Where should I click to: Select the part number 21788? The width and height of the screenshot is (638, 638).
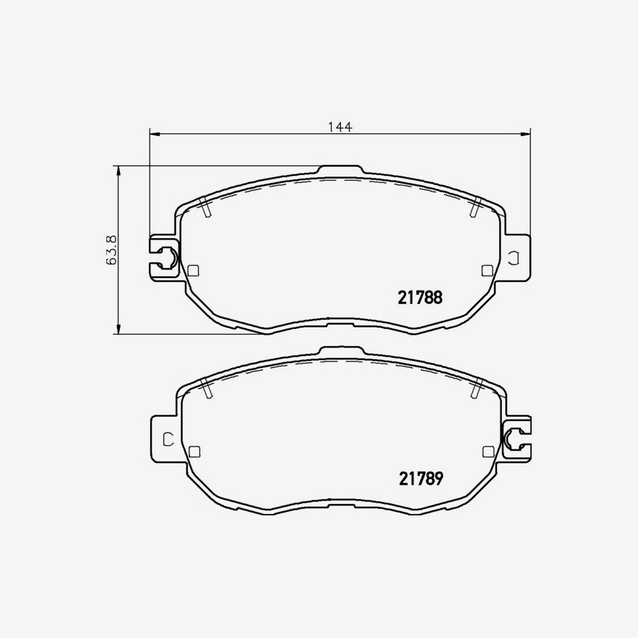coord(420,298)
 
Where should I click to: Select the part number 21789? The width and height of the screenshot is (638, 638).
coord(420,479)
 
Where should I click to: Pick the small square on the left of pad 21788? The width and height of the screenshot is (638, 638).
coord(194,269)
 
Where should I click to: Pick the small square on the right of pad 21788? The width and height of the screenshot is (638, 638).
coord(486,269)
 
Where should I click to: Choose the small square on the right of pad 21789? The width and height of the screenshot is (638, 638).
coord(486,451)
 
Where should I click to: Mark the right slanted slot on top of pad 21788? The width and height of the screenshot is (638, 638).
coord(476,208)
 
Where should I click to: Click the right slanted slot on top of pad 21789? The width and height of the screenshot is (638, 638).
coord(476,388)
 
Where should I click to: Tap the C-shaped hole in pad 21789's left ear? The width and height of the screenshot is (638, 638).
coord(168,439)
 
